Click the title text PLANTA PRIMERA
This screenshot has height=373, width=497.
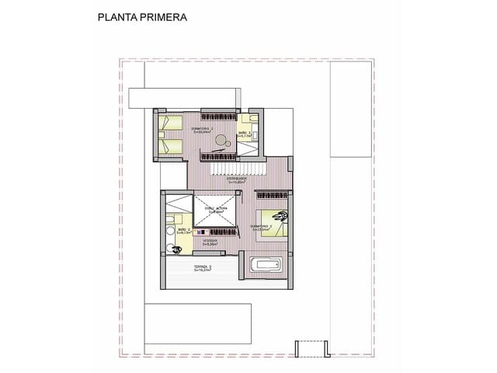coord(142,16)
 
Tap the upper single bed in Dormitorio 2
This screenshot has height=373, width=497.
coord(170,122)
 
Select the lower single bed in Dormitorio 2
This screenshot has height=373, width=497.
coord(170,146)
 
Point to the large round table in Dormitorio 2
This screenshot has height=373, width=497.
coord(222,141)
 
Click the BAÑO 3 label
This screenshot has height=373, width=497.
coord(245,134)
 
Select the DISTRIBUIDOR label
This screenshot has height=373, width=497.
coord(237,180)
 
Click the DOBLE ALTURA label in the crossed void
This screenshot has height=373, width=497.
coord(214,210)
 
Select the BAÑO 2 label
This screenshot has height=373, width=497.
coord(184,230)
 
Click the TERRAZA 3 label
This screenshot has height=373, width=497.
coord(203,269)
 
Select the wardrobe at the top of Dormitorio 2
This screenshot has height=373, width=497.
coord(217,110)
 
